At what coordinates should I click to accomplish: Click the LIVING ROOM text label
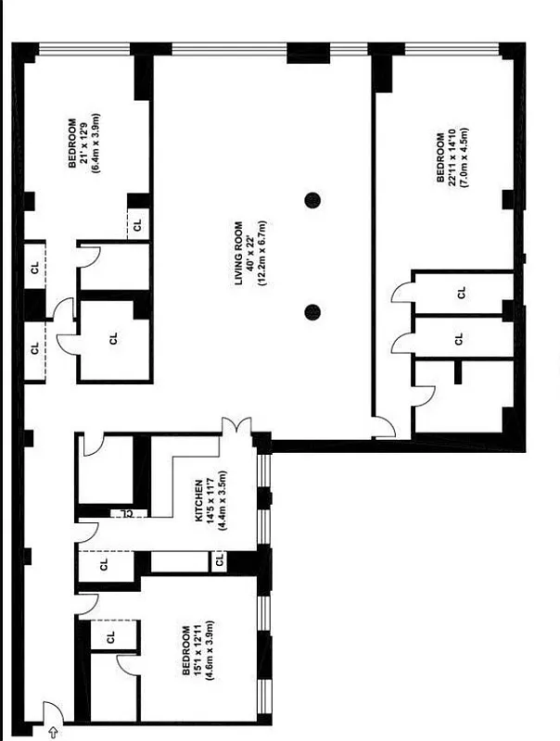(x=238, y=253)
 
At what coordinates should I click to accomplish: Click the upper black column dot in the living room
(x=312, y=199)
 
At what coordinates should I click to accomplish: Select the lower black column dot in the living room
(x=312, y=312)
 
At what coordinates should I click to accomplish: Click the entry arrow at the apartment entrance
(x=52, y=732)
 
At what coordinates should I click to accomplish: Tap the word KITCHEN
(x=198, y=499)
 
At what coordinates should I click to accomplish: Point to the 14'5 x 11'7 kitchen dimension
(x=210, y=499)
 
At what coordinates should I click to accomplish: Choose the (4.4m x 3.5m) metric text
(x=223, y=499)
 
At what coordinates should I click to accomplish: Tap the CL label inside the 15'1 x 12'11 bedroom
(x=111, y=637)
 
